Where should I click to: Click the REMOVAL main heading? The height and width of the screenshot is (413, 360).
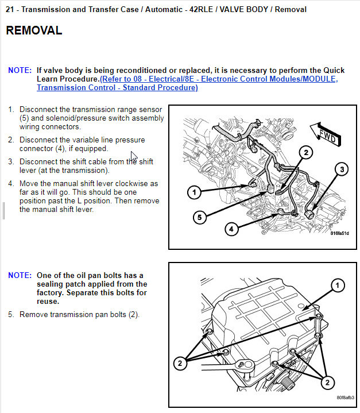pos(34,31)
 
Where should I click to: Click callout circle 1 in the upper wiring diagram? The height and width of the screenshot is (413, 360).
pos(194,191)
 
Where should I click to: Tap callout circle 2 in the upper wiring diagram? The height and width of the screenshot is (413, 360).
pos(305,152)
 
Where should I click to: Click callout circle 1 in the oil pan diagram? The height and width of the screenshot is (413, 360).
pos(338,285)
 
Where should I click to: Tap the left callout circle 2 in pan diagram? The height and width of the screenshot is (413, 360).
pos(180,362)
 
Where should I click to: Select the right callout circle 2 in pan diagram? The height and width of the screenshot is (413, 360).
pos(328,382)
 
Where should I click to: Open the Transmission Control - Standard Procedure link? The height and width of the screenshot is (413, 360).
pos(117,88)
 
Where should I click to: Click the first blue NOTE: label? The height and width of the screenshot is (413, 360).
pos(20,70)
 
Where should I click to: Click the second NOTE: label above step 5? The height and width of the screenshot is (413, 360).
pos(20,276)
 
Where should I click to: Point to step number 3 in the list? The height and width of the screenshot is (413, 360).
pos(11,161)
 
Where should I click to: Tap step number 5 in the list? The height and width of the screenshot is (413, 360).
pos(11,315)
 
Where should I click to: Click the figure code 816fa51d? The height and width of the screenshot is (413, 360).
pos(339,233)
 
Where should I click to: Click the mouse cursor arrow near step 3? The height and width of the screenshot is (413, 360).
pos(133,156)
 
